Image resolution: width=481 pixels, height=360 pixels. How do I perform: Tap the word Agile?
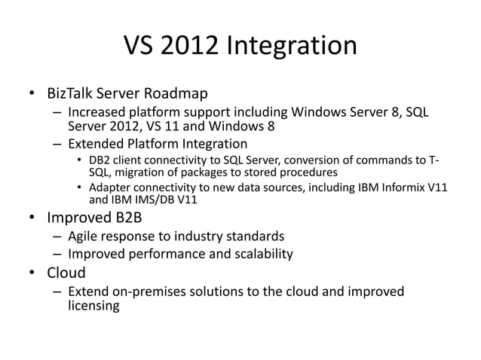click(x=83, y=236)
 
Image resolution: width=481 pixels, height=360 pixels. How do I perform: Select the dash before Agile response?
click(x=57, y=236)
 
